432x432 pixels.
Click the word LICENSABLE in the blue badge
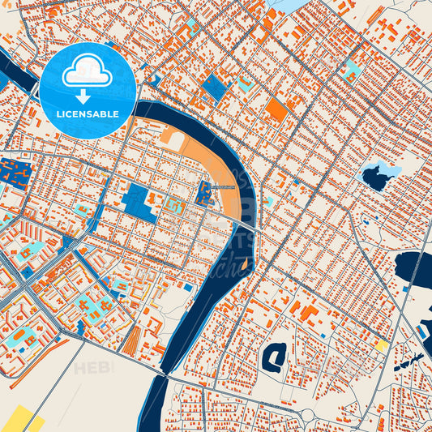88,114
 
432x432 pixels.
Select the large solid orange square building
276,109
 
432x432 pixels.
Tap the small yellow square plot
380,345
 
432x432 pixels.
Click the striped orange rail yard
132,341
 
